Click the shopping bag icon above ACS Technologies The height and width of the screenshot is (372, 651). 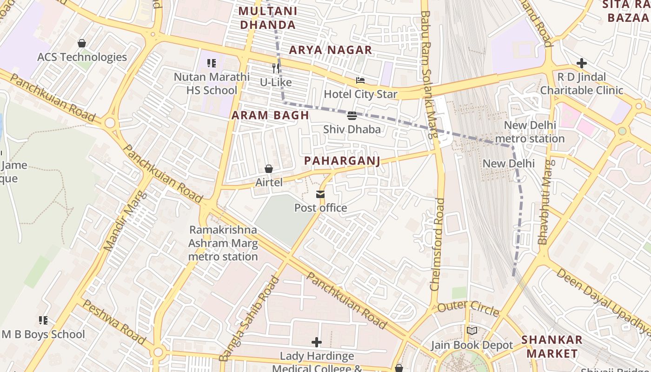click(82, 43)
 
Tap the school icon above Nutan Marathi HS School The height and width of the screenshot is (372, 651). click(212, 63)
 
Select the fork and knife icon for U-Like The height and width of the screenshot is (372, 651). click(276, 68)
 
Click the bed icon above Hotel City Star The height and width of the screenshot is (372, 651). click(360, 80)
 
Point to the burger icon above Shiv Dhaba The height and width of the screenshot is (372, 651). click(352, 115)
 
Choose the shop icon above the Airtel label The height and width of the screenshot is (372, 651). click(269, 168)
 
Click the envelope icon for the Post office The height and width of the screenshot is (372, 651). click(320, 194)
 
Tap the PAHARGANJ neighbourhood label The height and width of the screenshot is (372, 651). click(342, 161)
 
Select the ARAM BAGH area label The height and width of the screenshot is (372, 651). click(270, 115)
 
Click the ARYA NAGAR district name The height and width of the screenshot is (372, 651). click(331, 50)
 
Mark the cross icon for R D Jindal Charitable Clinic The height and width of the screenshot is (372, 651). click(581, 63)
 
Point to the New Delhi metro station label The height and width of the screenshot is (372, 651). click(530, 132)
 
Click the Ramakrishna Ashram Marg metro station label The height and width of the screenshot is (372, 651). click(223, 243)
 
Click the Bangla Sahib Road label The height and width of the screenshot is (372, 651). click(250, 319)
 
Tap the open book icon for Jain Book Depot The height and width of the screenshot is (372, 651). click(472, 331)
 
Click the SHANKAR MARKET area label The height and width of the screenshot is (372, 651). click(552, 346)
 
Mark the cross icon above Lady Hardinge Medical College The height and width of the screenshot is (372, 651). click(317, 343)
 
